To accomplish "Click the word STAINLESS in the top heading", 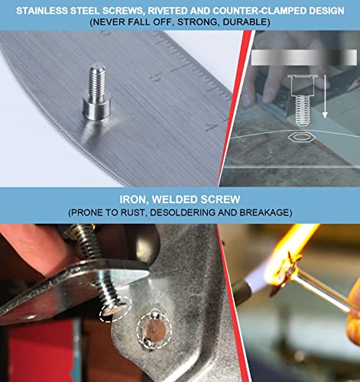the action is [x=42, y=11].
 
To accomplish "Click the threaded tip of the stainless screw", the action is [x=97, y=81].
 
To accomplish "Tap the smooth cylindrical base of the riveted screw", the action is [x=96, y=108].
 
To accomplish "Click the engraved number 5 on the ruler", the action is [x=157, y=76].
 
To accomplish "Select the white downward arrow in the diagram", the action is [x=324, y=96].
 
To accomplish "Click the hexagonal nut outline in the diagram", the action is [x=302, y=138].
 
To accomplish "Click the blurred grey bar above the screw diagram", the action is [x=304, y=57].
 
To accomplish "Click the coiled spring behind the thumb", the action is [x=83, y=243].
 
